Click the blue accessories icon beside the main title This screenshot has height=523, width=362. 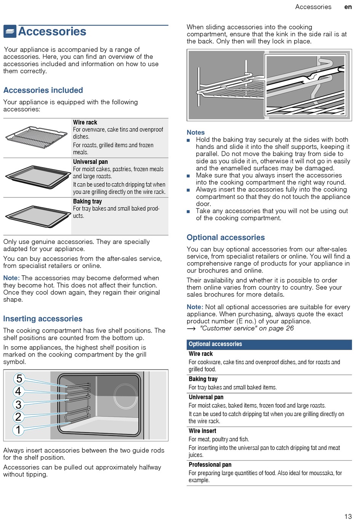point(10,31)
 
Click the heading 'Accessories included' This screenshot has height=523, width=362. point(43,90)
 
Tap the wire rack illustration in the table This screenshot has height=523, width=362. point(37,137)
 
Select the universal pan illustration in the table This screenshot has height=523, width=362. point(37,176)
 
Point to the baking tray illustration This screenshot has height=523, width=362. point(37,216)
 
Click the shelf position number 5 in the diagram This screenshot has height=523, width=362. point(19,379)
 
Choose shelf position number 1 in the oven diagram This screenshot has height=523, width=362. point(18,430)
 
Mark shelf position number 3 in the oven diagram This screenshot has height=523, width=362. point(18,404)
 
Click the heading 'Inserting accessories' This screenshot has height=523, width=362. point(43,319)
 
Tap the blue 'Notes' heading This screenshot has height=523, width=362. point(195,132)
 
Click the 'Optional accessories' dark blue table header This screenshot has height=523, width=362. point(215,344)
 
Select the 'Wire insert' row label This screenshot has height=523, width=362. point(202,431)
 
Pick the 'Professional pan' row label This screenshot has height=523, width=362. point(210,465)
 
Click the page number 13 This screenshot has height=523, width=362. point(348,517)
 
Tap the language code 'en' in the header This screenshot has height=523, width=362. point(348,7)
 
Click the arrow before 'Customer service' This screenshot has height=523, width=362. point(191,329)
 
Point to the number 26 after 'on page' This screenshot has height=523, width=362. point(290,328)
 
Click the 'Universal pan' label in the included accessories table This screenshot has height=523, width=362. point(90,162)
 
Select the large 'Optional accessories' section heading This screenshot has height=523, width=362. point(226,237)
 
